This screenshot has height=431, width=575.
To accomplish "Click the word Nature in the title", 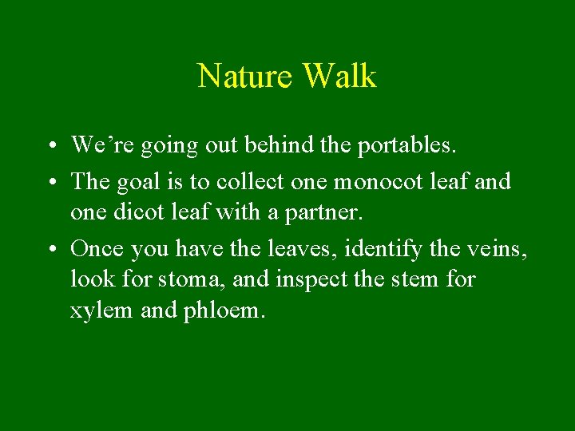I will [246, 77].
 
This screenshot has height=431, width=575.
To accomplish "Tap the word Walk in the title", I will [339, 77].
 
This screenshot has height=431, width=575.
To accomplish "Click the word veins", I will [498, 249].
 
